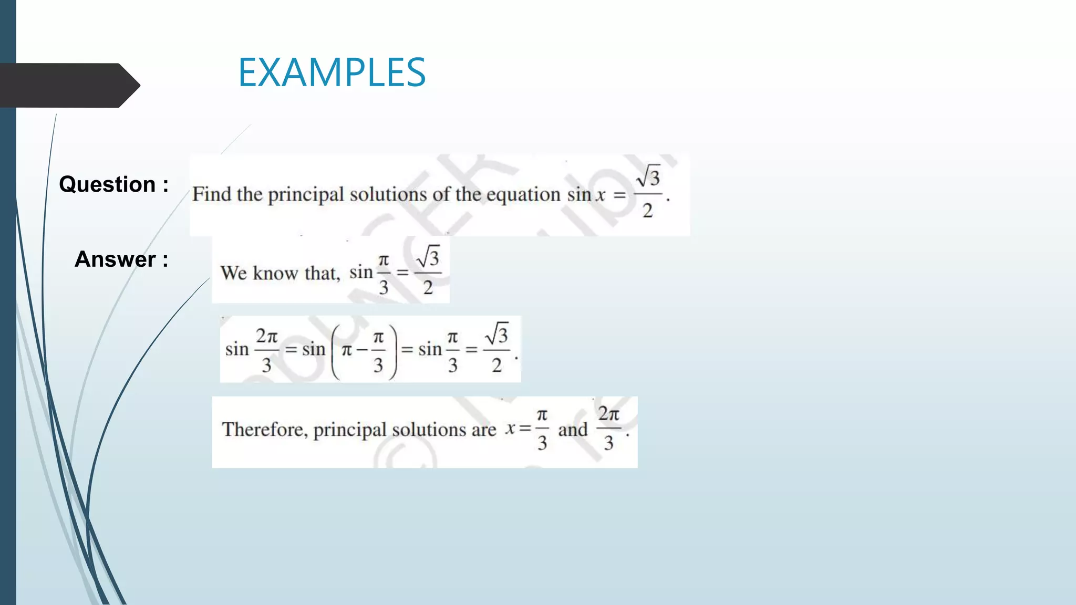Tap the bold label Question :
(x=113, y=184)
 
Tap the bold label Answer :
(x=121, y=259)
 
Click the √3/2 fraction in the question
(x=648, y=193)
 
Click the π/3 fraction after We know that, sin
(x=384, y=274)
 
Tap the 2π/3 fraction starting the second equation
(x=266, y=350)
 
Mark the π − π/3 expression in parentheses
(x=364, y=350)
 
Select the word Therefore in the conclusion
(x=264, y=430)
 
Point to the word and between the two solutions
(x=573, y=430)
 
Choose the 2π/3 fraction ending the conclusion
(x=608, y=429)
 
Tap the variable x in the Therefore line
(x=510, y=429)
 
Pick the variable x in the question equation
(x=600, y=195)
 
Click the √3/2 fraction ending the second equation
(x=497, y=348)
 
